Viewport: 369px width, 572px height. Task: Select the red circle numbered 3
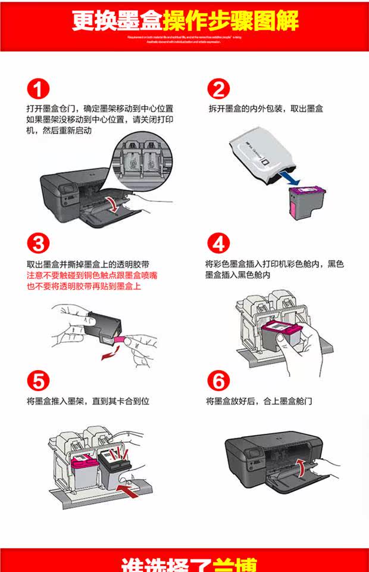pos(37,244)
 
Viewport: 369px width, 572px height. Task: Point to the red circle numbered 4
pos(218,244)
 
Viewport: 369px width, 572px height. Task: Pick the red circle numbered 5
pos(37,380)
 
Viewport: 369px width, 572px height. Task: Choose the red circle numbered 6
pos(218,380)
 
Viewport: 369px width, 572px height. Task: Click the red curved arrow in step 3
pos(109,355)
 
